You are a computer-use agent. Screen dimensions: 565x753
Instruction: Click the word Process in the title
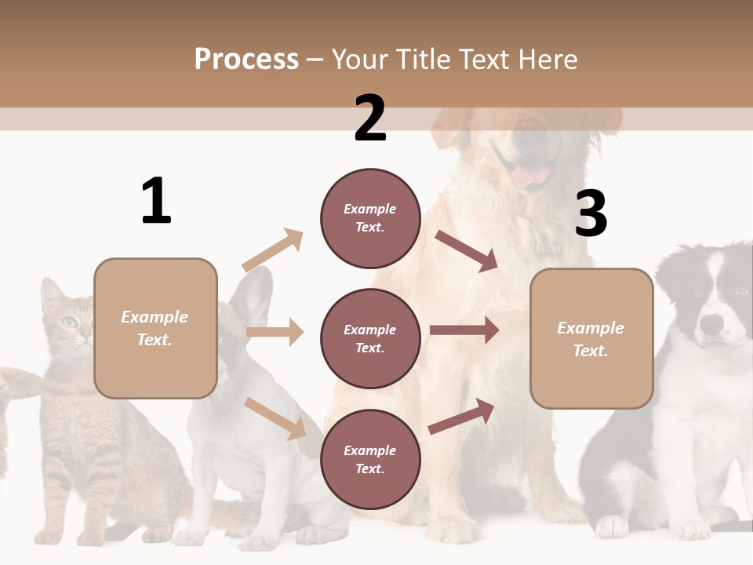pyautogui.click(x=246, y=60)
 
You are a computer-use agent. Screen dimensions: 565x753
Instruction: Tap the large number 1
pyautogui.click(x=156, y=201)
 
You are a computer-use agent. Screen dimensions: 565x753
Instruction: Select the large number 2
pyautogui.click(x=370, y=118)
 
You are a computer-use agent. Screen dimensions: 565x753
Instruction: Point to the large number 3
pyautogui.click(x=591, y=213)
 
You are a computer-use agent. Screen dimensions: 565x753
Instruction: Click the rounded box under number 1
pyautogui.click(x=155, y=328)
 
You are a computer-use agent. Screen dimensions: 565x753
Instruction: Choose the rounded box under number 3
pyautogui.click(x=591, y=338)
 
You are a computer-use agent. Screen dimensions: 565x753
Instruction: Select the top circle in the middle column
pyautogui.click(x=370, y=218)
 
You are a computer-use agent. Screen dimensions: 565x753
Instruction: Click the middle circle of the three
pyautogui.click(x=370, y=338)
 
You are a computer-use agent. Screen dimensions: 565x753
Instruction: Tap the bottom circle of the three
pyautogui.click(x=370, y=459)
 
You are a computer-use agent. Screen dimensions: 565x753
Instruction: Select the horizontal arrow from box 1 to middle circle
pyautogui.click(x=275, y=332)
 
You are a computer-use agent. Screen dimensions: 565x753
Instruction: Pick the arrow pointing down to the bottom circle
pyautogui.click(x=275, y=417)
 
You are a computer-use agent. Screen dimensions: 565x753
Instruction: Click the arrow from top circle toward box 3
pyautogui.click(x=467, y=251)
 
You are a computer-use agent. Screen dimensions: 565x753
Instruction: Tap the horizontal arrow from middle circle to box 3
pyautogui.click(x=464, y=330)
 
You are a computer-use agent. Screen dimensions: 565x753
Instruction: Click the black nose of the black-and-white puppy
pyautogui.click(x=711, y=323)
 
